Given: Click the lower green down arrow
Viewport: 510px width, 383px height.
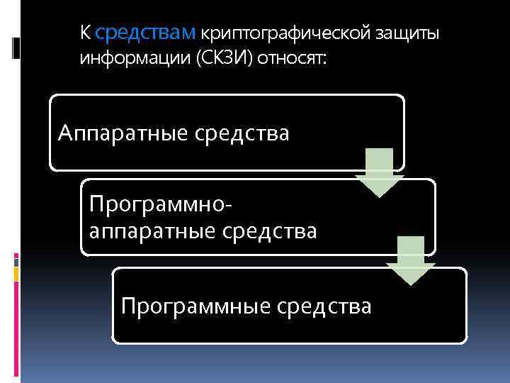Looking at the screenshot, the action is (411, 260).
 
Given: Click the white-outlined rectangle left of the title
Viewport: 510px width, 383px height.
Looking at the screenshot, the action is (18, 48).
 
